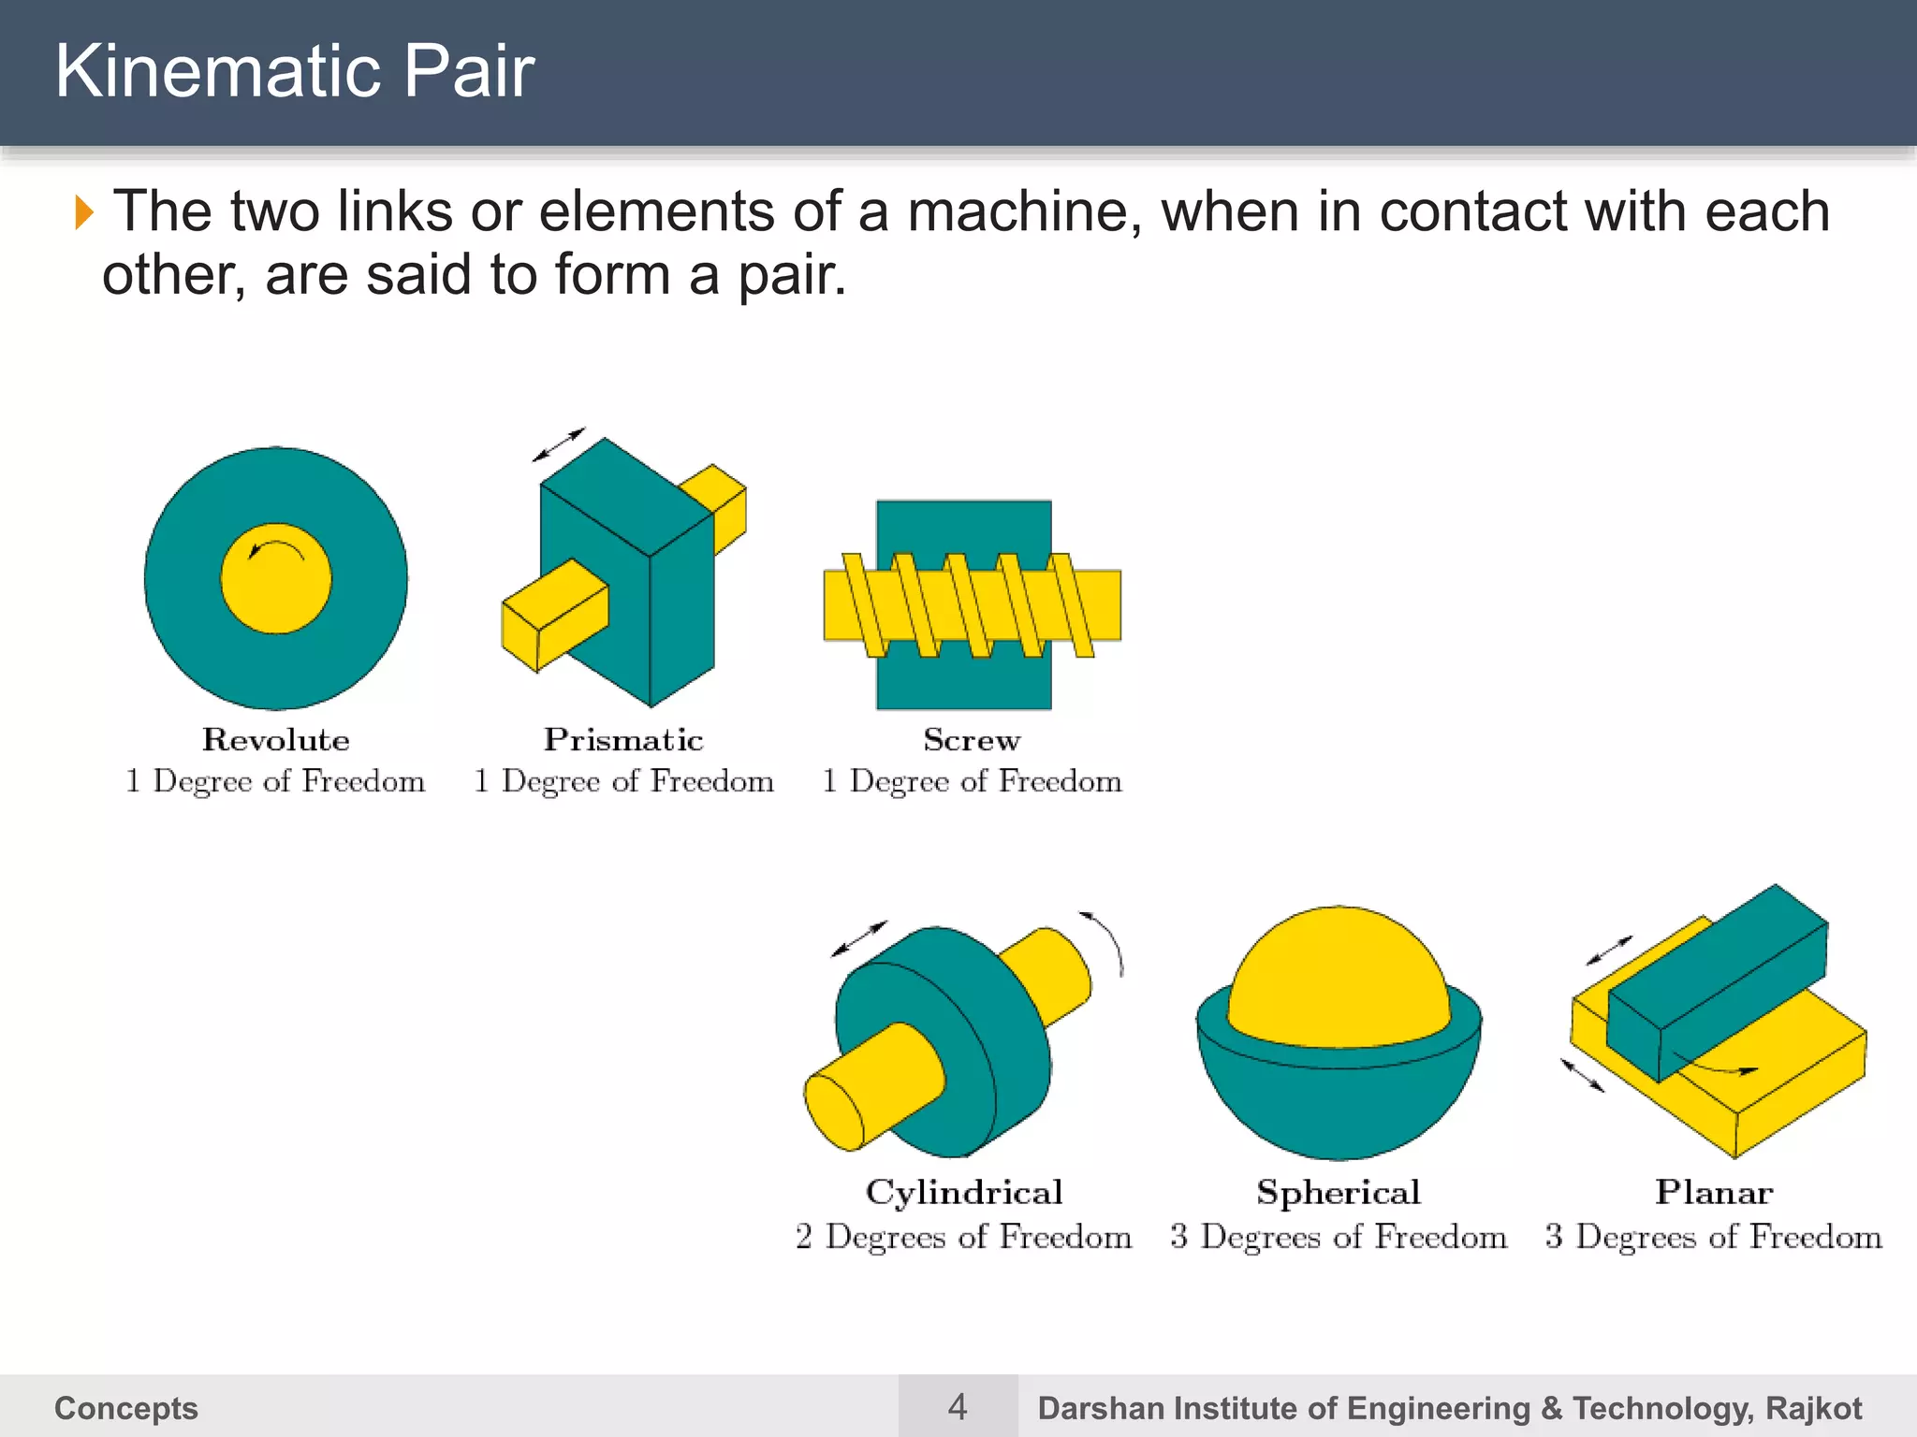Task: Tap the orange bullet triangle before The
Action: [x=84, y=212]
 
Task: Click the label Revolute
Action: [x=276, y=740]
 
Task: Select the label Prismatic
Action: [x=623, y=740]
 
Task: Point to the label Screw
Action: [x=972, y=740]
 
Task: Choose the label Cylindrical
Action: [x=964, y=1193]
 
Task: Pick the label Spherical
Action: [x=1339, y=1193]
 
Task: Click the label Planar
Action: [x=1714, y=1193]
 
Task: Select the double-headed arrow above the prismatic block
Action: [x=559, y=444]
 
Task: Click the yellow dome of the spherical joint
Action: [x=1339, y=973]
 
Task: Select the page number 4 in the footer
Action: [x=958, y=1407]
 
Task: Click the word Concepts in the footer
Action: [x=126, y=1408]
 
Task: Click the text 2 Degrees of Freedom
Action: [x=964, y=1237]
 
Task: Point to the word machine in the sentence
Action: [x=1025, y=211]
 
